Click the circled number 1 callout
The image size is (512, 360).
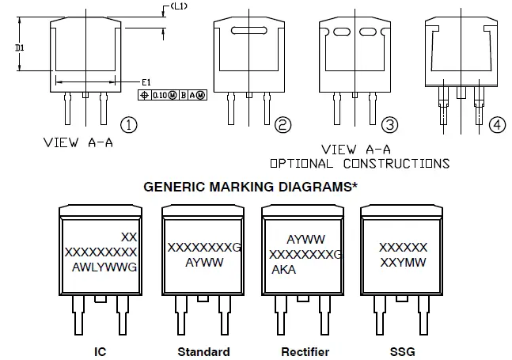tap(129, 125)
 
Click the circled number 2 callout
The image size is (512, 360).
tap(283, 125)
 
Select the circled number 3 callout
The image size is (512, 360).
tap(389, 125)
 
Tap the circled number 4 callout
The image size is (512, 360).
tap(496, 125)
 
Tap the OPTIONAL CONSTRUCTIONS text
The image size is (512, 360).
tap(360, 164)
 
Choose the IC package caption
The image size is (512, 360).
tap(101, 351)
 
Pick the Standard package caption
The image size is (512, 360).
tap(203, 351)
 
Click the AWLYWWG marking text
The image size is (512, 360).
tap(104, 267)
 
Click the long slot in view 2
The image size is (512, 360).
tap(249, 31)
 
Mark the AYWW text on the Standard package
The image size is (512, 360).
tap(203, 261)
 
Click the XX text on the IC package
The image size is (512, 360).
tap(130, 237)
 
